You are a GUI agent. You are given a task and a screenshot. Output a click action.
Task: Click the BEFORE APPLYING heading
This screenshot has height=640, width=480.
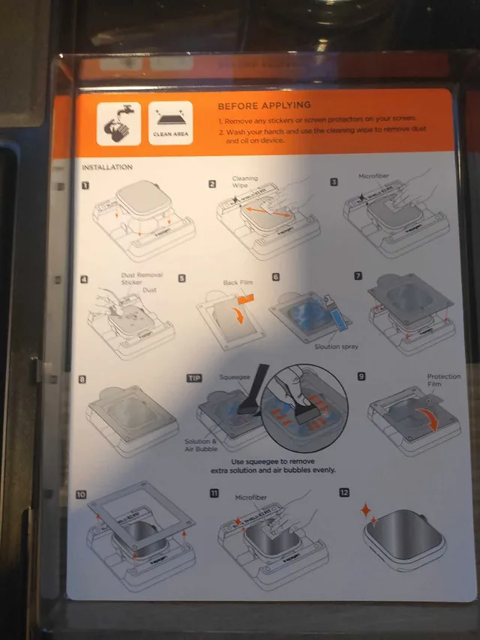tap(264, 105)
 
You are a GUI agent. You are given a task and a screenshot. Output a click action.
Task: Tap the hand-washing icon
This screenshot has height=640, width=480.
tap(118, 123)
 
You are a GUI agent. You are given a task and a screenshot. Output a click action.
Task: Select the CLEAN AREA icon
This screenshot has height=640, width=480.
tap(170, 123)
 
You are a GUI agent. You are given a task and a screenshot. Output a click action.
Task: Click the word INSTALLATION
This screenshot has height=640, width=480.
tap(106, 167)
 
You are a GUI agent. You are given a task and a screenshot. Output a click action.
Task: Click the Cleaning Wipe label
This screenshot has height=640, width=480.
tap(245, 182)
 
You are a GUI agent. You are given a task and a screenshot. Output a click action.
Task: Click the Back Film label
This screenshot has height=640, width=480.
tap(240, 283)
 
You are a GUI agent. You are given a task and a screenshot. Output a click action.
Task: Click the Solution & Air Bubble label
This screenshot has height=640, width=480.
tap(201, 446)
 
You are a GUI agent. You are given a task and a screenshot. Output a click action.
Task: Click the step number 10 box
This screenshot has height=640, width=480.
tap(82, 495)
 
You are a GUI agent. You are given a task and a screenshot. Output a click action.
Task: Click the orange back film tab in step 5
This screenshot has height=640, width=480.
tap(244, 298)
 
